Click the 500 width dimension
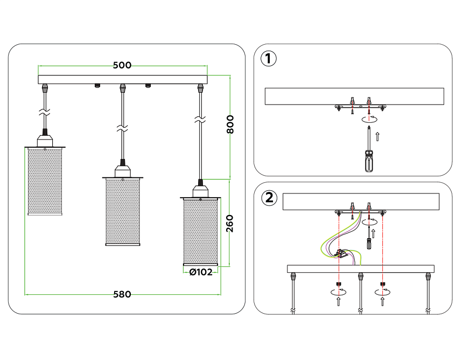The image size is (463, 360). (122, 65)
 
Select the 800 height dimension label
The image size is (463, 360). (230, 125)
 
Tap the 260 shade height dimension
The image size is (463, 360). (230, 223)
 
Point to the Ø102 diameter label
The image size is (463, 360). (200, 272)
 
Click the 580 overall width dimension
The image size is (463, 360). (122, 294)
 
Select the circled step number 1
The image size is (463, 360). (269, 58)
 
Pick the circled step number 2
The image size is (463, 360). (269, 198)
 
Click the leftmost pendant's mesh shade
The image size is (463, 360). (45, 181)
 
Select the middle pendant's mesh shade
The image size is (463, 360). (122, 211)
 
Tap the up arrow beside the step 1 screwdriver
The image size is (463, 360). (377, 136)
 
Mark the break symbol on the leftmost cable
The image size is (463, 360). (45, 113)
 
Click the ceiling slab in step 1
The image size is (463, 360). (354, 96)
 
